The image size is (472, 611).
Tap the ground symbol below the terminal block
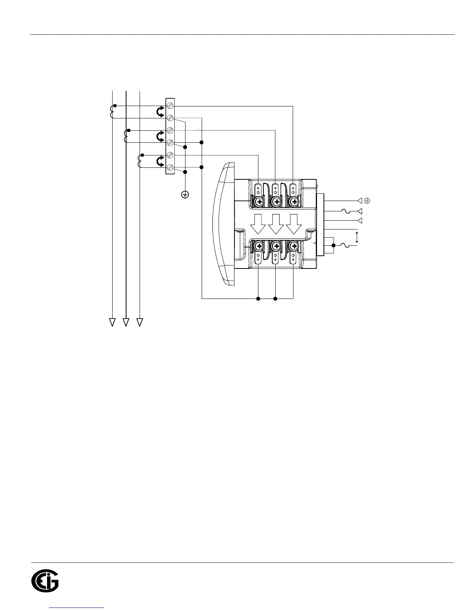[x=185, y=195]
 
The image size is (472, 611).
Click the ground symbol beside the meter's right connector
[x=367, y=201]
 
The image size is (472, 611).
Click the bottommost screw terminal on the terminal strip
[x=170, y=167]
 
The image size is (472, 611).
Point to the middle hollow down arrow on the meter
[x=276, y=224]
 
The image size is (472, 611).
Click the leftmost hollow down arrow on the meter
[x=258, y=224]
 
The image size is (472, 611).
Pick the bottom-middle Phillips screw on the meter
[x=276, y=246]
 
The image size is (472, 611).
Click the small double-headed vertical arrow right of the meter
[x=357, y=237]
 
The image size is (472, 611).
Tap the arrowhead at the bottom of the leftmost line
[x=112, y=322]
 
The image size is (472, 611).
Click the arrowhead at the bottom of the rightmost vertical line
[x=140, y=322]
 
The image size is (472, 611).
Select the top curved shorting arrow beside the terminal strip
[x=159, y=111]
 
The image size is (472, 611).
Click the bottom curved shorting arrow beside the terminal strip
[x=159, y=161]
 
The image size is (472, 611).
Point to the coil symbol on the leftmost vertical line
[x=112, y=111]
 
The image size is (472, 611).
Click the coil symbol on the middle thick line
[x=126, y=137]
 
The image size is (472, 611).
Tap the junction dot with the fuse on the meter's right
[x=334, y=245]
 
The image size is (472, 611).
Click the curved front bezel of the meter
[x=224, y=224]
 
